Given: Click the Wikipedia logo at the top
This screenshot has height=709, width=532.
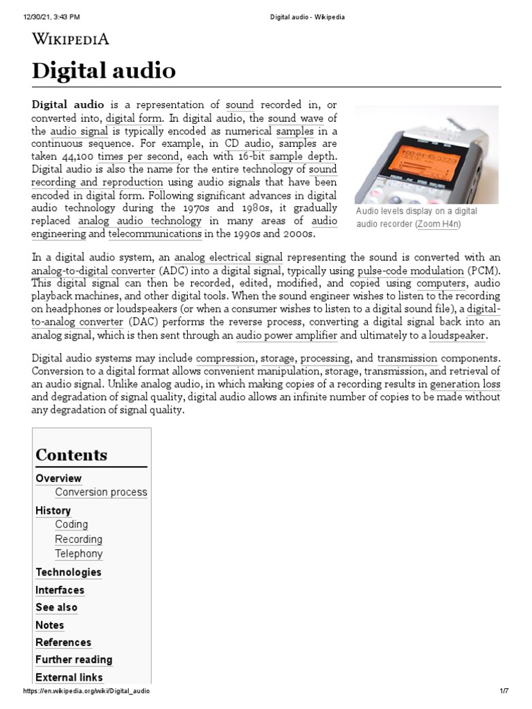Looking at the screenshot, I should (71, 39).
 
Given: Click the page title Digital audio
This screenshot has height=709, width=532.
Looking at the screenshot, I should (104, 70).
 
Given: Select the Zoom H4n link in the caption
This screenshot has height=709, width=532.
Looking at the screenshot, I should (438, 224).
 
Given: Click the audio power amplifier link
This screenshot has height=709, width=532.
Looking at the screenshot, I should (287, 336).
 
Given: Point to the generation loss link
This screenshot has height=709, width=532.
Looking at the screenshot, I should (465, 384).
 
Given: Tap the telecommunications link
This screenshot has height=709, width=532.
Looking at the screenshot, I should (155, 235).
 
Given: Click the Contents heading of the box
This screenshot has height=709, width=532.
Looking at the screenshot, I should (71, 455).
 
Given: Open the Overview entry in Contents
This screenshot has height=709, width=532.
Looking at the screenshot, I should (58, 478).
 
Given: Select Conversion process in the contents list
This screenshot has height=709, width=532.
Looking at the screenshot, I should (101, 492).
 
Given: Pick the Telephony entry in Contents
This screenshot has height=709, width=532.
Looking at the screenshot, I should (78, 554).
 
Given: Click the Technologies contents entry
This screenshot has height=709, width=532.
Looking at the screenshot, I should (68, 573).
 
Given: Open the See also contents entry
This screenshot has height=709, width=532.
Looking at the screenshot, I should (56, 607).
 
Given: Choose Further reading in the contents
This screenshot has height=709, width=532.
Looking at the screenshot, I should (73, 660).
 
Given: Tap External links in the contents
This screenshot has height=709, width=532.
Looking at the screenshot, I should (69, 677).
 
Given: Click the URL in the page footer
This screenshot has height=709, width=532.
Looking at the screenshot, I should (87, 691).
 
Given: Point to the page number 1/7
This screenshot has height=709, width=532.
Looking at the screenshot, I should (504, 691).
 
